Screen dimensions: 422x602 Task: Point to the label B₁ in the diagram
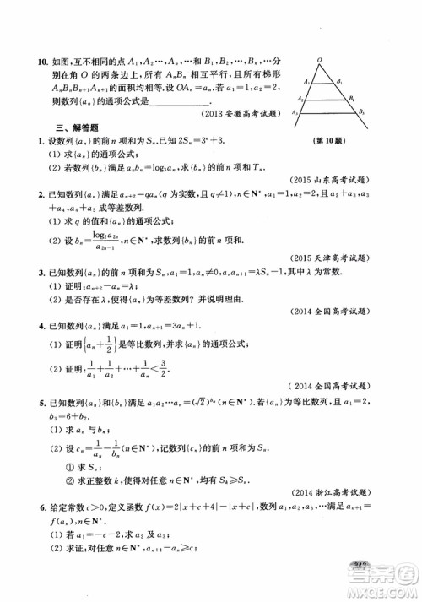[x=339, y=82]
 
